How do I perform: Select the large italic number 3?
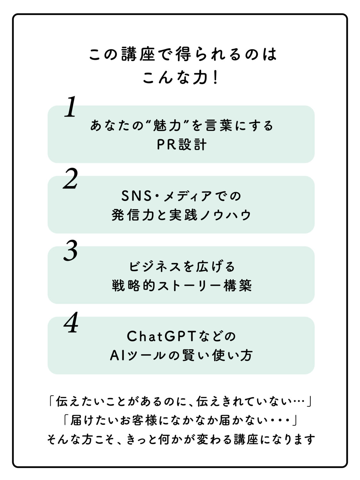tap(70, 250)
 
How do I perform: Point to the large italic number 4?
tap(71, 322)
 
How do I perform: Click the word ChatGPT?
tap(161, 336)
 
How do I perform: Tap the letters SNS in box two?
tap(136, 196)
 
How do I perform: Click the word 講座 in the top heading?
tap(138, 53)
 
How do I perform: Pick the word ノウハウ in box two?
tap(226, 215)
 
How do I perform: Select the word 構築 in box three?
tap(237, 285)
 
